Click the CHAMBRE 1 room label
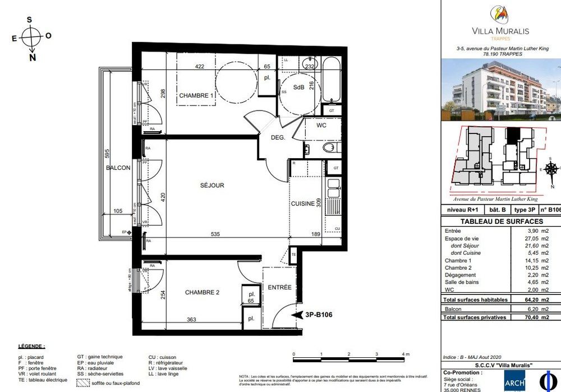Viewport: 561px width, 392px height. point(196,96)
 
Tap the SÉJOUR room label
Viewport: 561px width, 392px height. point(212,185)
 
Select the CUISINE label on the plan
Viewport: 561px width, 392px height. point(302,204)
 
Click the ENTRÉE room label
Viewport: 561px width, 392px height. point(279,287)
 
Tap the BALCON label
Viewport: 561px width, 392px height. point(118,168)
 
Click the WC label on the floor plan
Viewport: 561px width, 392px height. point(321,126)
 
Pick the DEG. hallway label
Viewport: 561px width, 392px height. point(278,137)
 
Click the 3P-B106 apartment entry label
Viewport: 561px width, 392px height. point(319,315)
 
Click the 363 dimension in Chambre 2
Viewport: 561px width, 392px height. point(191,320)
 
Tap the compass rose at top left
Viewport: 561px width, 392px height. point(32,38)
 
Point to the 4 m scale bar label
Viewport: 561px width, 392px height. point(405,354)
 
